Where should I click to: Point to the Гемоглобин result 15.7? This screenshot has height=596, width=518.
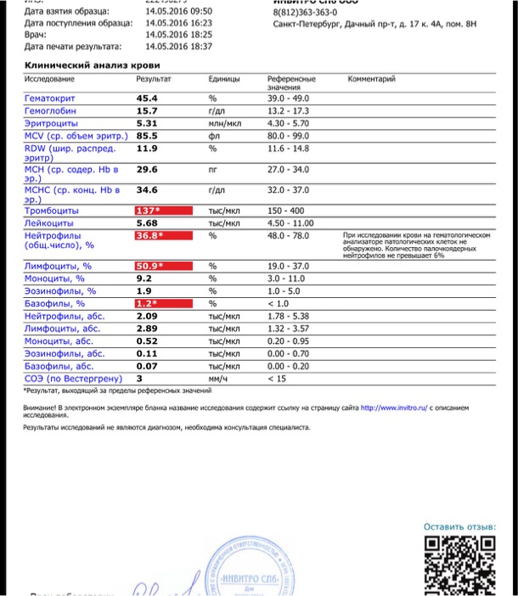[x=147, y=110]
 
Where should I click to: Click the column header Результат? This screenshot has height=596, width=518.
[x=154, y=79]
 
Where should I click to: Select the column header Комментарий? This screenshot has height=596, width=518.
[x=371, y=79]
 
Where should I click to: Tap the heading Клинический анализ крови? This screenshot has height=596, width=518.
[x=92, y=65]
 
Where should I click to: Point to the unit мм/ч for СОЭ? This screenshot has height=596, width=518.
[x=219, y=379]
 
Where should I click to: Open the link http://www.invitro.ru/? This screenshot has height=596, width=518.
[x=394, y=408]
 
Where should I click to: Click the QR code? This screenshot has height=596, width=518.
[x=459, y=565]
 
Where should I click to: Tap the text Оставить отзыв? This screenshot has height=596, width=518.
[x=459, y=527]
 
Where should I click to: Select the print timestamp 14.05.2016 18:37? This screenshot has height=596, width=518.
[x=178, y=47]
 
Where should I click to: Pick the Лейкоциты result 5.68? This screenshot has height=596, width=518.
[x=147, y=222]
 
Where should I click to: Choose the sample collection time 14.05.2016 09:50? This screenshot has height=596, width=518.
[x=178, y=12]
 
